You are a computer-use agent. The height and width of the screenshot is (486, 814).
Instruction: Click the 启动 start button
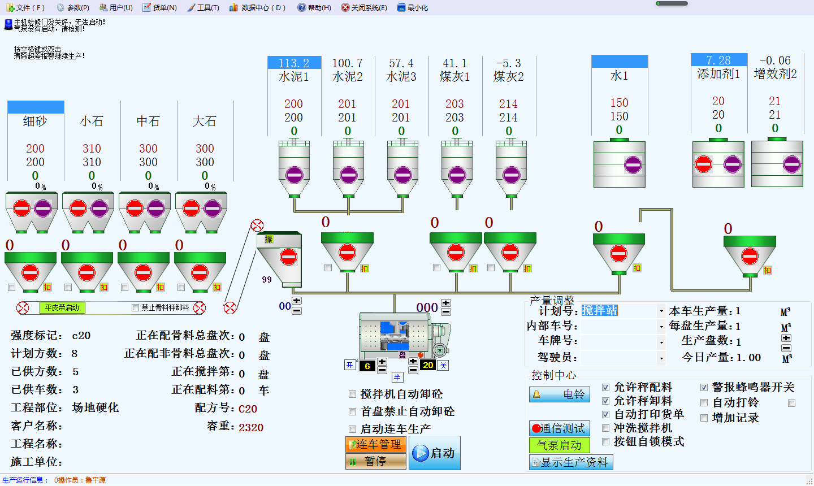[x=435, y=453]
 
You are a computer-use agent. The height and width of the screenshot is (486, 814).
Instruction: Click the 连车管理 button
[x=376, y=445]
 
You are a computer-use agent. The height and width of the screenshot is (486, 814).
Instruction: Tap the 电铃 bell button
[x=560, y=394]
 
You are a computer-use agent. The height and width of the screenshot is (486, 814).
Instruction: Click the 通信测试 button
[x=560, y=428]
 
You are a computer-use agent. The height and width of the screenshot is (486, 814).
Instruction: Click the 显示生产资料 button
[x=571, y=462]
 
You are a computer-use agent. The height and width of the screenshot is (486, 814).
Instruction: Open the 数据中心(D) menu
[x=258, y=7]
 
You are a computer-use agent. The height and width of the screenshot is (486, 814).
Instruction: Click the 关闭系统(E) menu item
[x=364, y=7]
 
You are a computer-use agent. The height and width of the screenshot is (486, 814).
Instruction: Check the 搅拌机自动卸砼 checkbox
[x=353, y=394]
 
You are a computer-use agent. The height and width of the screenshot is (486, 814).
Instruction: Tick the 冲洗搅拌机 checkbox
[x=606, y=428]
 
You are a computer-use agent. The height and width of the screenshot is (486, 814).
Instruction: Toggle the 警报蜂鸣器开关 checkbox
[x=704, y=388]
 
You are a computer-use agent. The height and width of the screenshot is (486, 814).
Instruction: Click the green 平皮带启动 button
[x=62, y=308]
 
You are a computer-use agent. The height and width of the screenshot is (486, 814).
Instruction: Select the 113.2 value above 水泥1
[x=294, y=63]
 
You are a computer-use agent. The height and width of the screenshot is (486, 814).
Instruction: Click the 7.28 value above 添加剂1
[x=718, y=60]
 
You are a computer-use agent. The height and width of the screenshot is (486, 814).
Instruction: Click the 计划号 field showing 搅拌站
[x=619, y=311]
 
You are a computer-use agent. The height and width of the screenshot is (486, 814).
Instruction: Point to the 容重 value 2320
[x=251, y=427]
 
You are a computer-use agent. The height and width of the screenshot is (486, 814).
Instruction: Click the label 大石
[x=205, y=121]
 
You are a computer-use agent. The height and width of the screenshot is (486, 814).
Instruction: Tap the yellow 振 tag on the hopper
[x=269, y=240]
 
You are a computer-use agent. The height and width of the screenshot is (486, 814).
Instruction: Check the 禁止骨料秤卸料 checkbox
[x=135, y=308]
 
